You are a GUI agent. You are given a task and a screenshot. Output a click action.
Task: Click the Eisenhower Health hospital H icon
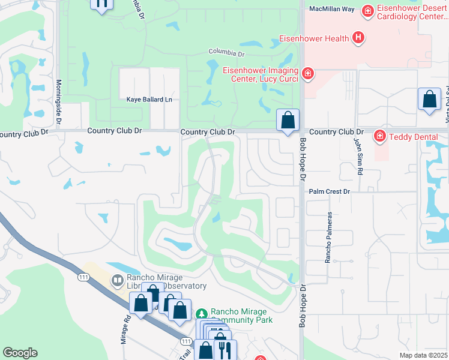[358, 39]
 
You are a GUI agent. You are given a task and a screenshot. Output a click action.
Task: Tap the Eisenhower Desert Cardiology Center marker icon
[367, 10]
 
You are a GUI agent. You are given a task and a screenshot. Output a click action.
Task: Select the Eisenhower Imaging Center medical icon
[307, 73]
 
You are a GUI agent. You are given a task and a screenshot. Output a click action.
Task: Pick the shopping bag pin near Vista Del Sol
[430, 100]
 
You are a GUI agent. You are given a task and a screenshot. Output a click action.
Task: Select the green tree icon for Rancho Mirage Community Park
[202, 314]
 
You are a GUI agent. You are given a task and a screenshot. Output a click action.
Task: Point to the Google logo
[20, 353]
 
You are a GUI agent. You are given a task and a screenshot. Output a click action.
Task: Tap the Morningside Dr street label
[59, 102]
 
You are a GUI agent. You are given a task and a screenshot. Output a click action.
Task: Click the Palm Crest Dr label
[329, 191]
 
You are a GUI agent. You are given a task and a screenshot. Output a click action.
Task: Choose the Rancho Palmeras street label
[328, 237]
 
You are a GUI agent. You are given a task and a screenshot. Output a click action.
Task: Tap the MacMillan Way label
[332, 9]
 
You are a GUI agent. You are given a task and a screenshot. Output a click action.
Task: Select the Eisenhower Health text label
[315, 39]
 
